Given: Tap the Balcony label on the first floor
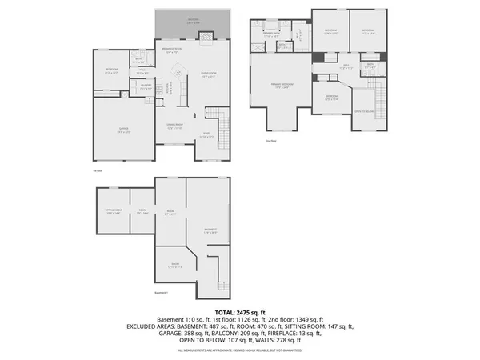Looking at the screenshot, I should coord(192,22).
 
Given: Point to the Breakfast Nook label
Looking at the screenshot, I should coord(172,50).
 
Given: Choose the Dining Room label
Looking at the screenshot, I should coord(175,126).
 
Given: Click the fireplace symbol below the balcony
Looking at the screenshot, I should coord(206,35).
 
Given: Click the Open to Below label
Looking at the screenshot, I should coord(365,111).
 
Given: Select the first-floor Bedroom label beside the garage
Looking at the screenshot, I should coord(112,70).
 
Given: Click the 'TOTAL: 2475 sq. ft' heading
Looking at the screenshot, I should coord(240,311).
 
